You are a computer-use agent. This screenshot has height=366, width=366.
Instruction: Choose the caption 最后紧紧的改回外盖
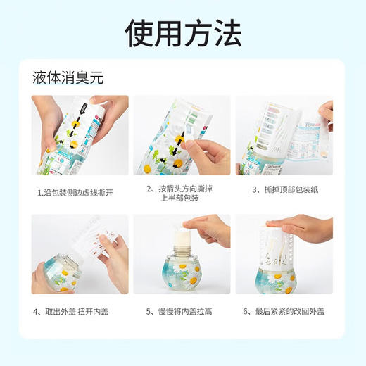click(284, 310)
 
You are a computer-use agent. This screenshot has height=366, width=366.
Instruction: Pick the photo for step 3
click(284, 135)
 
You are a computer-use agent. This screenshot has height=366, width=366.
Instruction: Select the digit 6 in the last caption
click(246, 310)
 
